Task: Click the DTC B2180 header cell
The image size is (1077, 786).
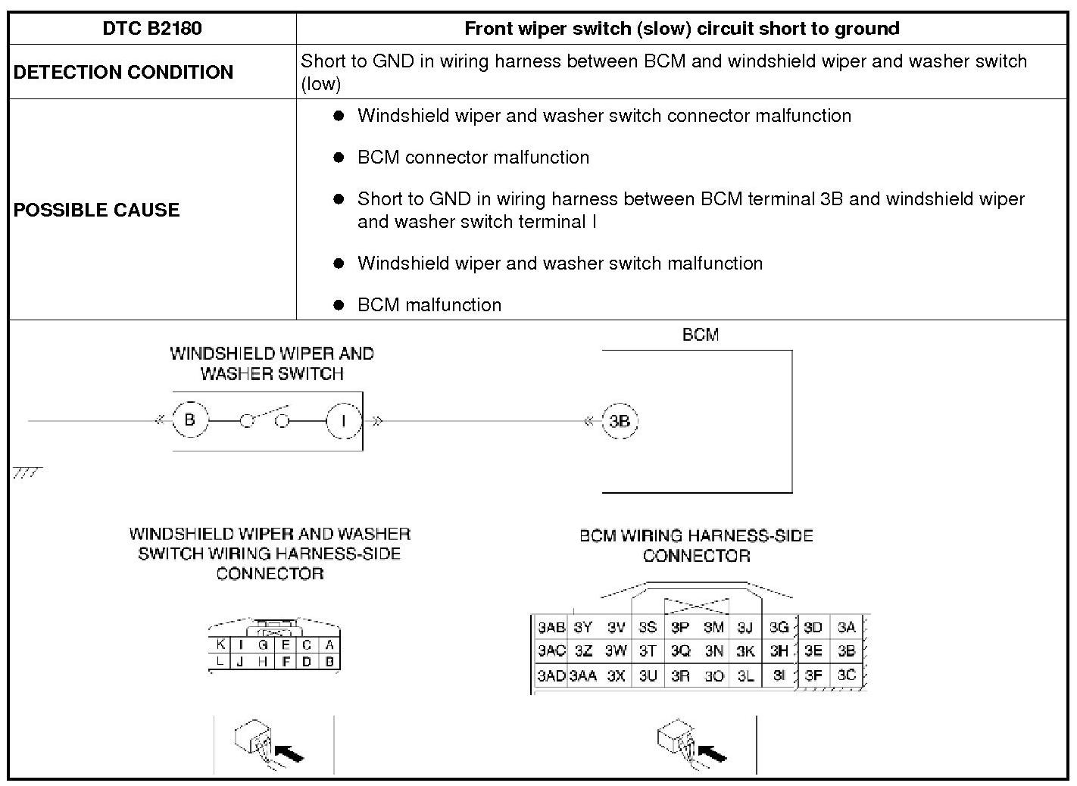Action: pyautogui.click(x=151, y=29)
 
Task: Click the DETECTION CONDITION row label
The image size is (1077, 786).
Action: pyautogui.click(x=123, y=72)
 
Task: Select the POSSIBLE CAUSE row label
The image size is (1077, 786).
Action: pyautogui.click(x=96, y=210)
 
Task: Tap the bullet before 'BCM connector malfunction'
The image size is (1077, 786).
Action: pyautogui.click(x=339, y=158)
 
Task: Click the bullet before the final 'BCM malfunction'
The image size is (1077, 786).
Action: pyautogui.click(x=339, y=305)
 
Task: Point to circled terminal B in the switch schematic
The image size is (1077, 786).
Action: pyautogui.click(x=189, y=420)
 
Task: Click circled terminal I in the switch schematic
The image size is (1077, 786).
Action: pyautogui.click(x=344, y=421)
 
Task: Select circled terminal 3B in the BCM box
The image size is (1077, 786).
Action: pyautogui.click(x=620, y=422)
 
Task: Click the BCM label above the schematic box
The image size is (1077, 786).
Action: pyautogui.click(x=700, y=335)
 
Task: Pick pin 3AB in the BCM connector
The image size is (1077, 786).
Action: pyautogui.click(x=551, y=628)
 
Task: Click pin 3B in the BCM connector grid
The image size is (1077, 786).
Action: pyautogui.click(x=846, y=650)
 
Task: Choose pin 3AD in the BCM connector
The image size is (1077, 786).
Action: pyautogui.click(x=551, y=675)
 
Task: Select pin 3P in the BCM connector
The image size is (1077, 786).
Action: pyautogui.click(x=680, y=628)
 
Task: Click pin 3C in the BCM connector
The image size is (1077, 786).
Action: pyautogui.click(x=846, y=675)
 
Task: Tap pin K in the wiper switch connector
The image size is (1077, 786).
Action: pyautogui.click(x=220, y=645)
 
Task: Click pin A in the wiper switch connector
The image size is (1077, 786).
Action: pyautogui.click(x=329, y=645)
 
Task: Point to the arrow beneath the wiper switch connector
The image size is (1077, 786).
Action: pyautogui.click(x=289, y=753)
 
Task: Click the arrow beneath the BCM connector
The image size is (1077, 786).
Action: pyautogui.click(x=711, y=753)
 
